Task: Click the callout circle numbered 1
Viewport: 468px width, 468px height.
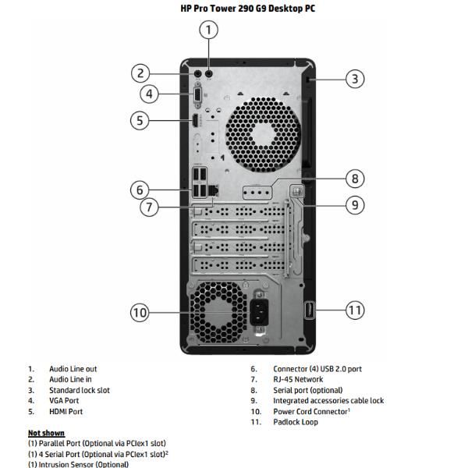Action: (x=207, y=30)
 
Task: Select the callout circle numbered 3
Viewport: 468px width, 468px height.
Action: (x=355, y=78)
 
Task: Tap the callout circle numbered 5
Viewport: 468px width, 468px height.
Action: (x=139, y=120)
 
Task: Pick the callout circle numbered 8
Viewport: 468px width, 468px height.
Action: (x=354, y=179)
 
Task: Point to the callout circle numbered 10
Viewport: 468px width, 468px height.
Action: (x=139, y=312)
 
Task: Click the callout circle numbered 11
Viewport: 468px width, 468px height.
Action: (x=355, y=310)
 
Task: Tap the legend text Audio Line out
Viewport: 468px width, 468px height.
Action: (x=73, y=369)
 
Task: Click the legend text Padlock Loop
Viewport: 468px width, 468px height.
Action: (x=295, y=422)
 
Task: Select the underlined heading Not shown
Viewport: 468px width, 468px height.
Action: (x=46, y=433)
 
